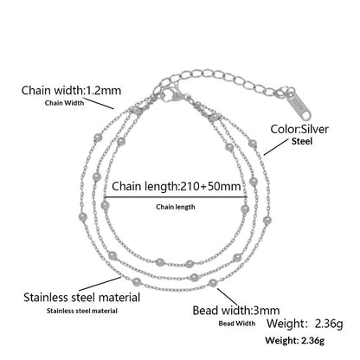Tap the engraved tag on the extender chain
299,106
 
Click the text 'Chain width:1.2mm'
71,90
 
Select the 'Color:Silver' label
299,129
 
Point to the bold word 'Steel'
302,141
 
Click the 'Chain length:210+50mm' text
177,186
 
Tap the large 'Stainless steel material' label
82,298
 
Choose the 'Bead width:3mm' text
236,311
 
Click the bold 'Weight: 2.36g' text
295,340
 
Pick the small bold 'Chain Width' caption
65,103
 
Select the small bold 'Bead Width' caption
237,324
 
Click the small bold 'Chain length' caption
176,207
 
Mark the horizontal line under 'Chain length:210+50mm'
176,197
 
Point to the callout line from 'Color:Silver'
276,147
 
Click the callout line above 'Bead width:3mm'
228,297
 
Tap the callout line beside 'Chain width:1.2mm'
100,104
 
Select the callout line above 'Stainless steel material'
100,284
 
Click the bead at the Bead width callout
213,283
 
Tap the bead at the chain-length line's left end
105,205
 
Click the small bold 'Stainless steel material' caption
82,311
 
